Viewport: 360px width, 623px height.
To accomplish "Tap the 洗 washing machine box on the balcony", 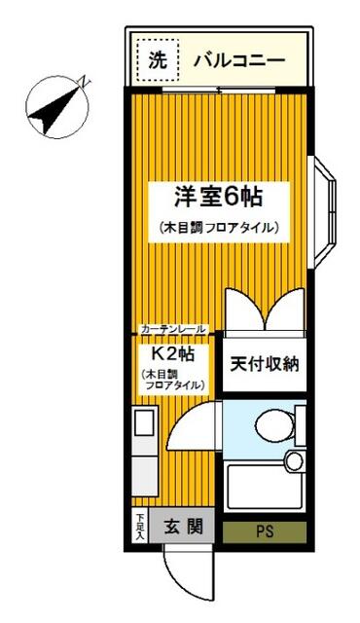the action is coord(157,58).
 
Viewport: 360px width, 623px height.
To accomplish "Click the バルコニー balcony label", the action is coord(238,60).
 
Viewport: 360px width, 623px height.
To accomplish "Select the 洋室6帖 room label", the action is coord(219,196).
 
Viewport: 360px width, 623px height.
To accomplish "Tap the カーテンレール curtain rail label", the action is coord(173,330).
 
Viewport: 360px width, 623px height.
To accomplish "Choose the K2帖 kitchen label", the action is coord(171,353).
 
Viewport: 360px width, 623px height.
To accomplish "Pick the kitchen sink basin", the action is coord(144,423).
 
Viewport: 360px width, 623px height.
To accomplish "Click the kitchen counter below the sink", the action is coord(144,472).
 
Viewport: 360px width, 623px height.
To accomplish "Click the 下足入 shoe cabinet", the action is coord(140,528).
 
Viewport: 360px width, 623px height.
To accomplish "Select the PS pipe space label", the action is coord(265,531).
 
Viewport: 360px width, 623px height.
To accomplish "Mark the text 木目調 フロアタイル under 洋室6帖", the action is coord(219,228).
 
